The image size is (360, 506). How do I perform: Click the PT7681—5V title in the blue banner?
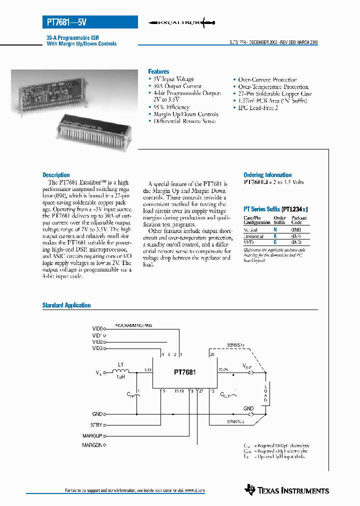66,22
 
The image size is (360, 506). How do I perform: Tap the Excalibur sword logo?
183,22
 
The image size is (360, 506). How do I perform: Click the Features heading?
158,71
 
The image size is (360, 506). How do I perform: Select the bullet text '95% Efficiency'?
171,107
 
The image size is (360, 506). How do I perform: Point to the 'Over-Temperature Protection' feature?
273,86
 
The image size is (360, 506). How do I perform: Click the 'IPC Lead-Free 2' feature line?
257,108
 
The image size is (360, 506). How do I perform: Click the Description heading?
56,175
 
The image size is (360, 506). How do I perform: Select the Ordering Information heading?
267,175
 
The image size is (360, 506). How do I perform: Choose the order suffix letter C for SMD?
275,242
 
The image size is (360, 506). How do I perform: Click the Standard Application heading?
66,305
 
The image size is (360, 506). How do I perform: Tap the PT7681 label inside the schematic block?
184,372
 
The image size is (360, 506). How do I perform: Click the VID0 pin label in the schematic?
97,328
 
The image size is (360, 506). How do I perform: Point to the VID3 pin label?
97,348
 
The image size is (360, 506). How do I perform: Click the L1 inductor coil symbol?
120,371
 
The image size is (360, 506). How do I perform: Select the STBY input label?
96,424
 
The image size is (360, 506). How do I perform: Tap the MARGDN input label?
92,444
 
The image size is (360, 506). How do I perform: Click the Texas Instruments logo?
287,490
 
